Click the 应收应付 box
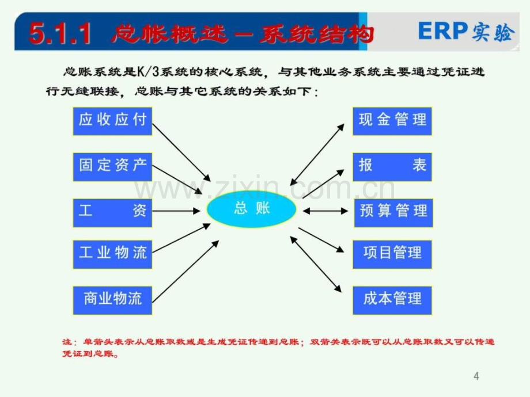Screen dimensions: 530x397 tap(112, 121)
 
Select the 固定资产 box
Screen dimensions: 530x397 tap(112, 167)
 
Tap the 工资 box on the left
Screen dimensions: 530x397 tap(112, 213)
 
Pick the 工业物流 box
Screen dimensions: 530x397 tap(112, 254)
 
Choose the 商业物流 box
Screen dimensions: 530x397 tap(112, 300)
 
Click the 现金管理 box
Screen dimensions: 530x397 tap(392, 121)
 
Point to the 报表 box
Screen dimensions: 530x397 tap(392, 167)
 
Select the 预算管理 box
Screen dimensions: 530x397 tap(393, 213)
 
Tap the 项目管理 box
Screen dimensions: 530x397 tap(392, 254)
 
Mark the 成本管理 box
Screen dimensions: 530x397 tap(392, 300)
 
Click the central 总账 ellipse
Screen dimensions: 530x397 tap(252, 209)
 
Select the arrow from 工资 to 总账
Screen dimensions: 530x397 tap(176, 211)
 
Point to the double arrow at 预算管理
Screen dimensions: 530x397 tap(325, 211)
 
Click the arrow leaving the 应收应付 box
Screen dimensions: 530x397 tap(181, 152)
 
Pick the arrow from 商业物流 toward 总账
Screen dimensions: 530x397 tap(185, 272)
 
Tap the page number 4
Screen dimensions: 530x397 tap(476, 376)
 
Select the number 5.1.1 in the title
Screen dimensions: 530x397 tap(60, 33)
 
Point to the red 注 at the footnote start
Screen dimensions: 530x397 tap(67, 342)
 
